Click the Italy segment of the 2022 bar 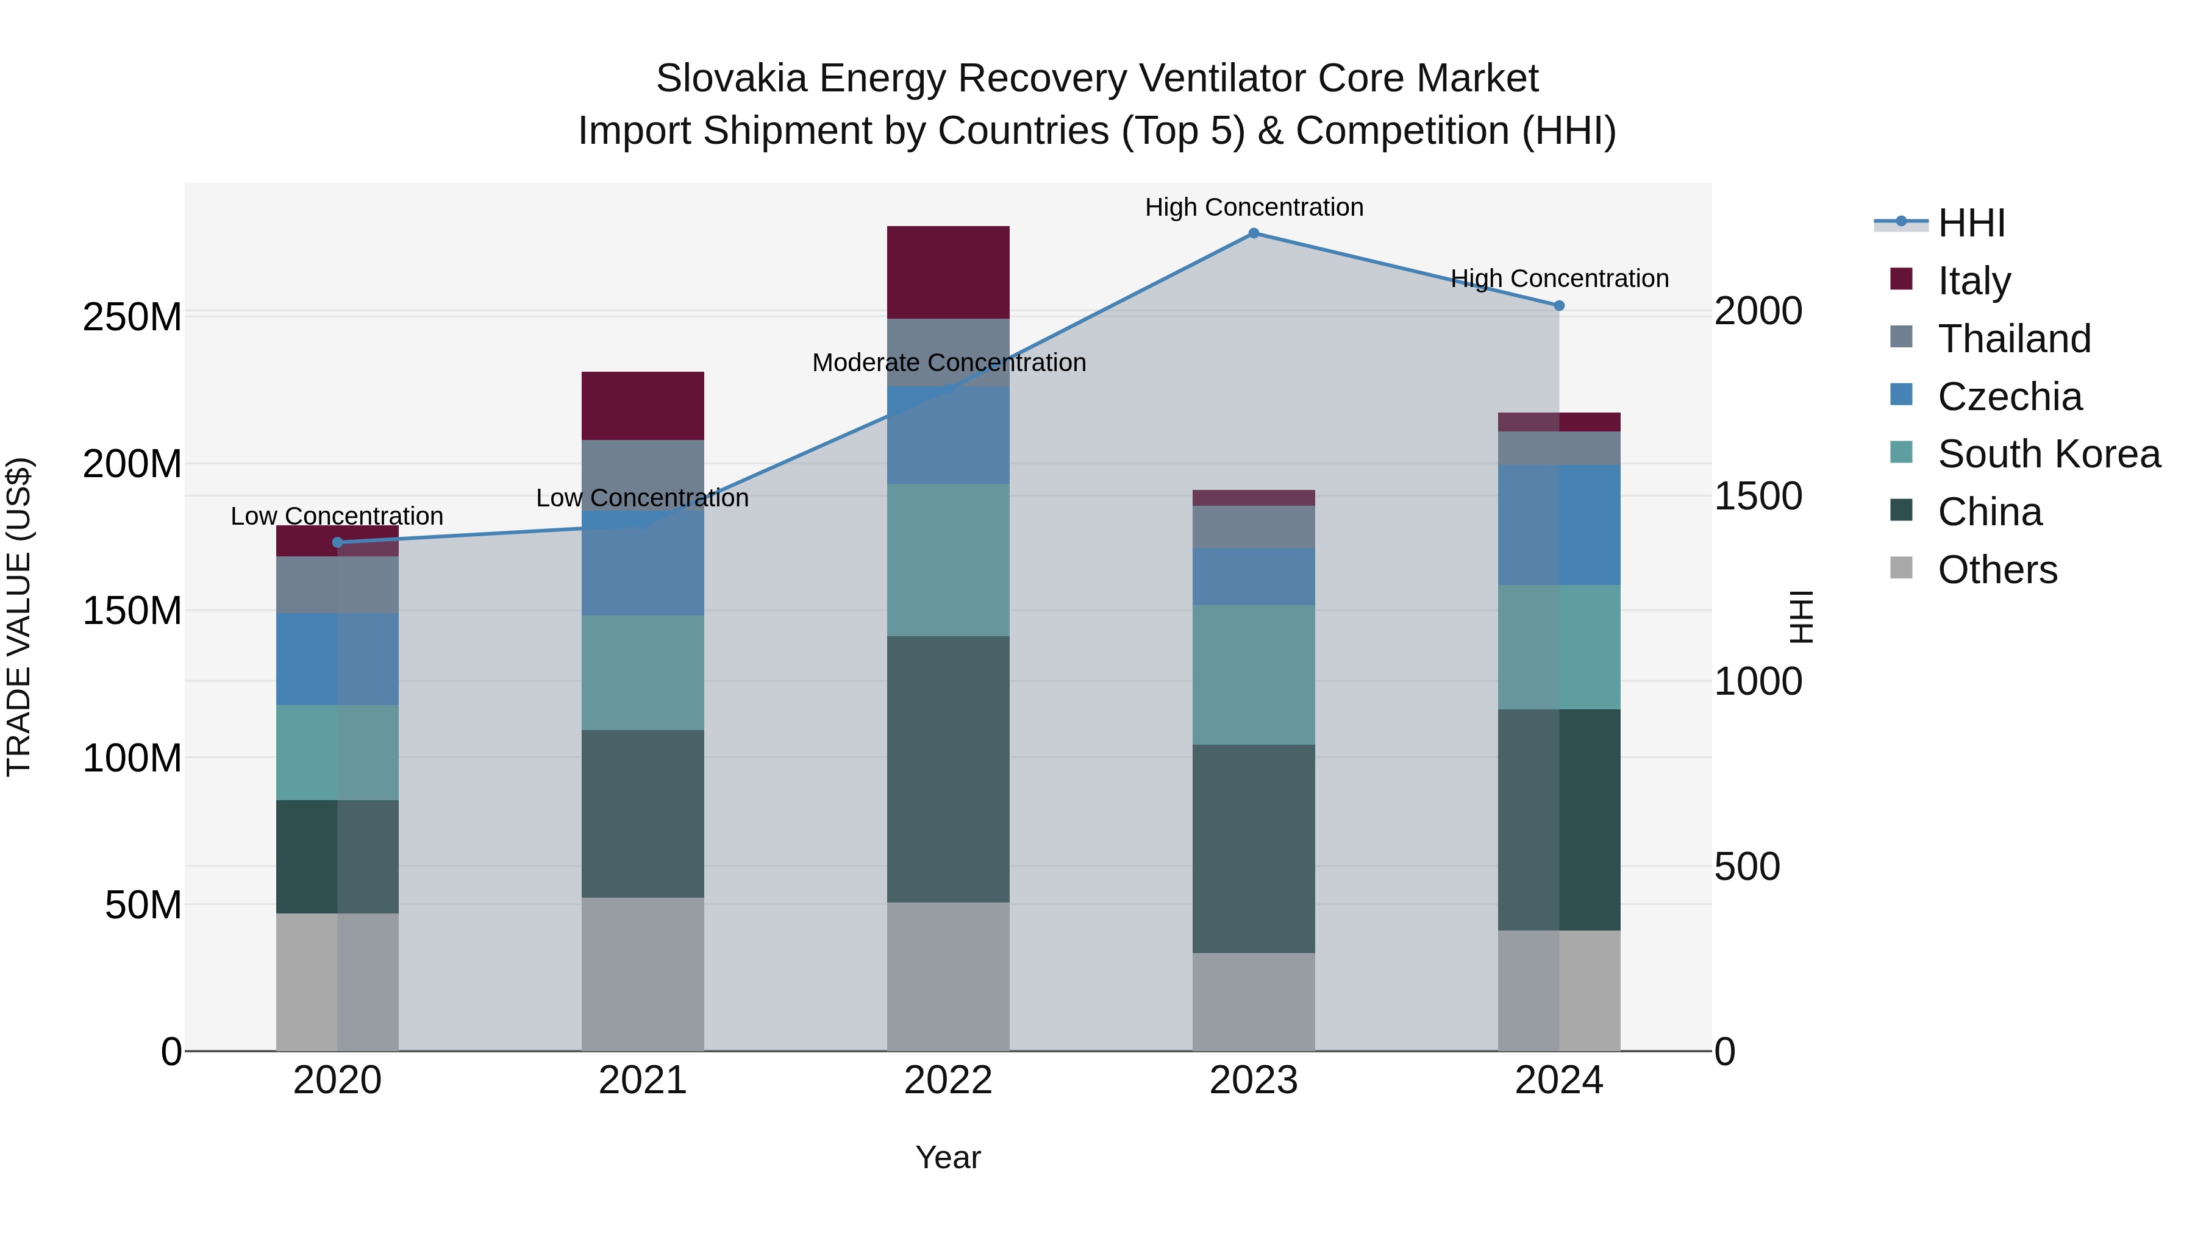point(948,272)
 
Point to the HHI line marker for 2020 point(337,542)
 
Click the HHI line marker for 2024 point(1558,306)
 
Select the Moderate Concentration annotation point(948,363)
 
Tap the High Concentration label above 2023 point(1254,208)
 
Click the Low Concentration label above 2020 point(337,516)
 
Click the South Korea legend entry point(2049,454)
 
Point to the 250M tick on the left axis point(132,317)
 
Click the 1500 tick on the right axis point(1758,497)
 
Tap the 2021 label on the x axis point(643,1080)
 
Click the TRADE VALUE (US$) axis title point(19,617)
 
